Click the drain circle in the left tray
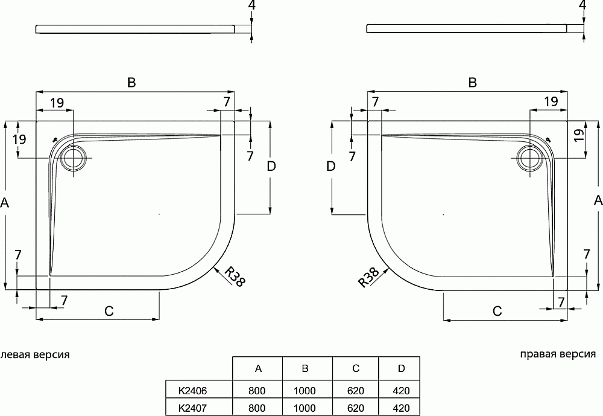(74, 158)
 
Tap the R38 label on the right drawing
(368, 277)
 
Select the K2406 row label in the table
(193, 390)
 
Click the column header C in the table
(356, 368)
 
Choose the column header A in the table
(258, 368)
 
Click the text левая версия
(35, 354)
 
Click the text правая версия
(558, 354)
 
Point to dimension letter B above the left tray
(131, 83)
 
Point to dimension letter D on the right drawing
(330, 167)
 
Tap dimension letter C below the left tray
(109, 312)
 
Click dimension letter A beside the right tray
(598, 200)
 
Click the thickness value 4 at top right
(582, 5)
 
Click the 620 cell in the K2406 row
(356, 390)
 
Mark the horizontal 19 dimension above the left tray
(57, 103)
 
